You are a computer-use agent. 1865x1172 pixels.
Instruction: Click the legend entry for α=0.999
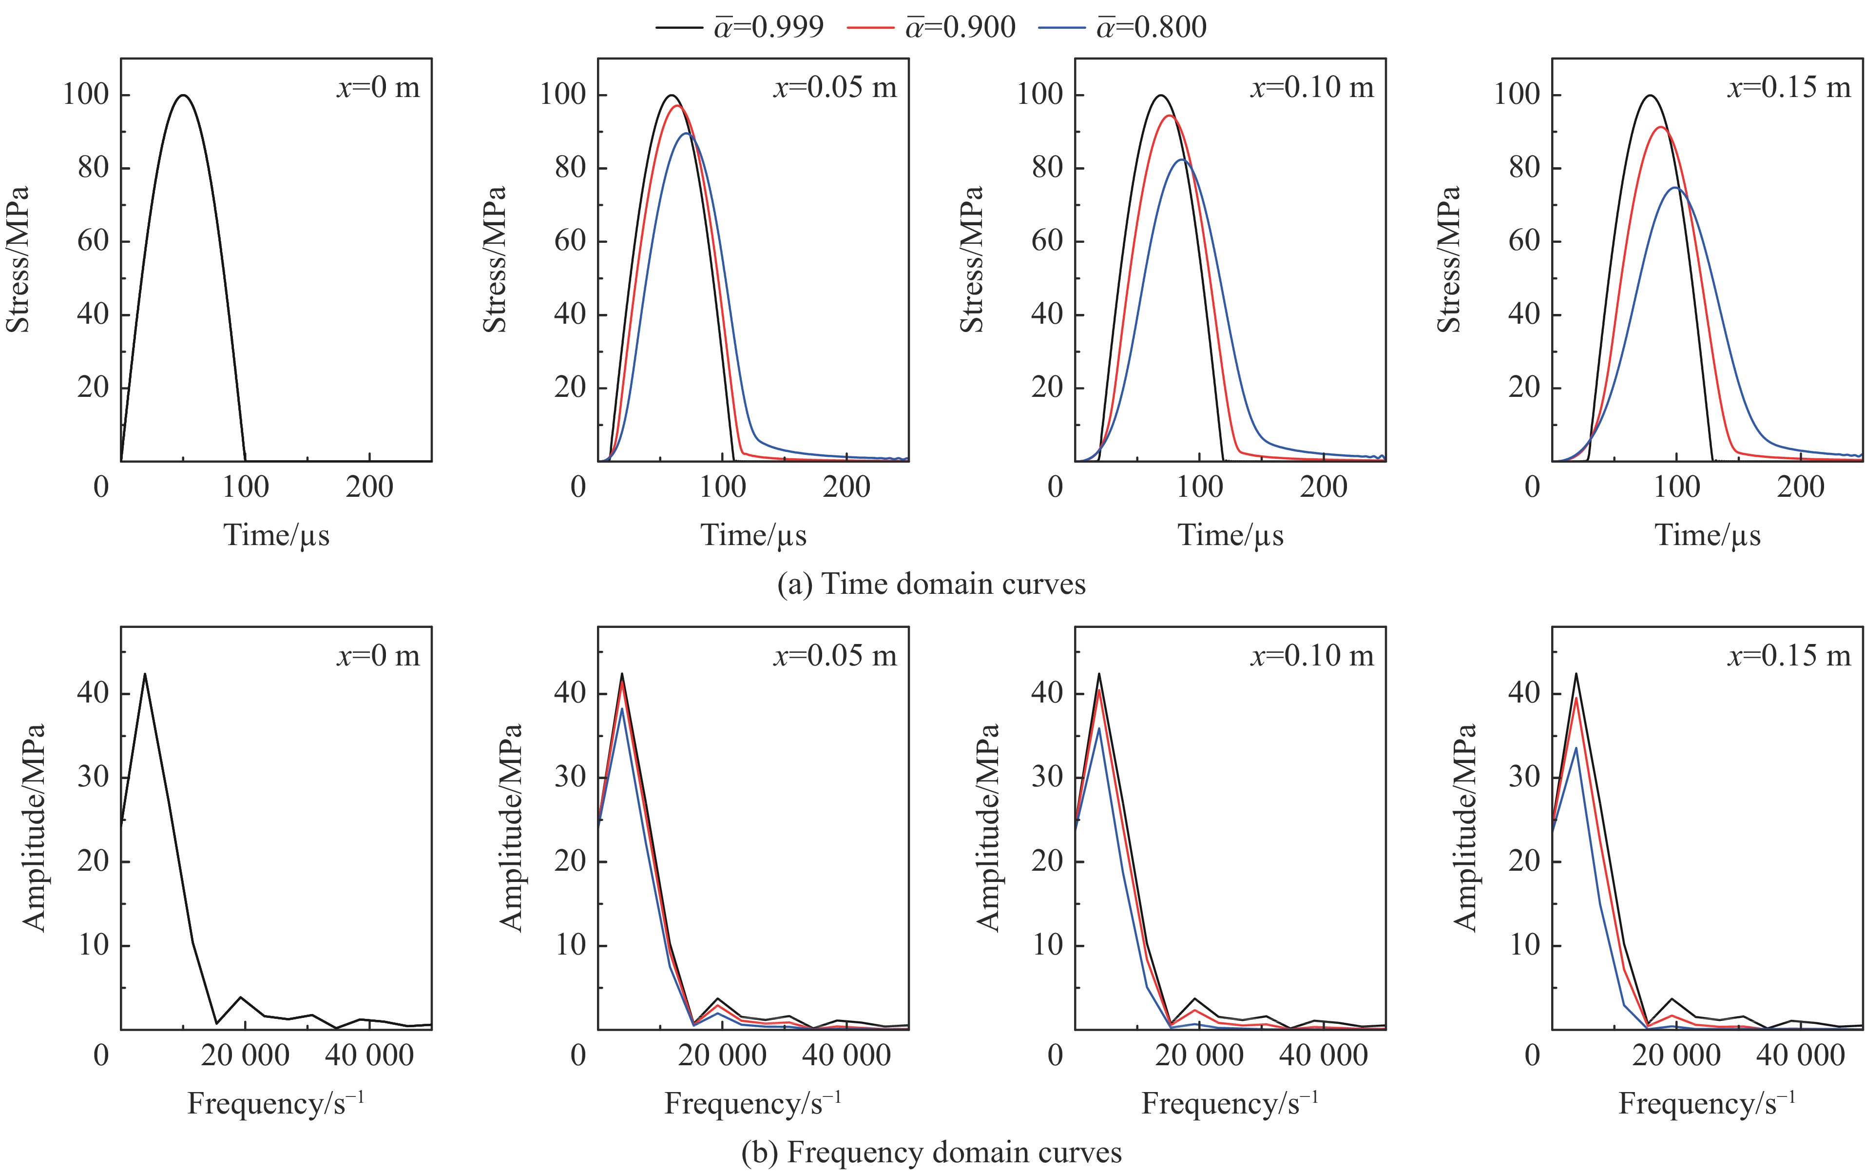coord(740,27)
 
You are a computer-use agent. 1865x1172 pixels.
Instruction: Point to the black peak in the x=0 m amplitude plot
coord(145,674)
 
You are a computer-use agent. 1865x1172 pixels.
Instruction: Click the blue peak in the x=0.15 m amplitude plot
coord(1576,747)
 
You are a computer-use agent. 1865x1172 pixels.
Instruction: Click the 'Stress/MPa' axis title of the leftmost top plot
coord(17,259)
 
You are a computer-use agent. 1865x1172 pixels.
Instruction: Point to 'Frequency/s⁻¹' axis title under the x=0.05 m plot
coord(753,1103)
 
